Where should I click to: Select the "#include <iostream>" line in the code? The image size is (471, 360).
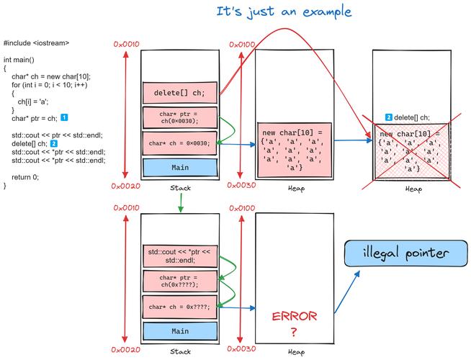(36, 44)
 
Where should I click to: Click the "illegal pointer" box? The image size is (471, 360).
(405, 253)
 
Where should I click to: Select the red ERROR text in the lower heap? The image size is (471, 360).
(294, 318)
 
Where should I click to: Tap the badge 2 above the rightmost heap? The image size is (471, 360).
(389, 117)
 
